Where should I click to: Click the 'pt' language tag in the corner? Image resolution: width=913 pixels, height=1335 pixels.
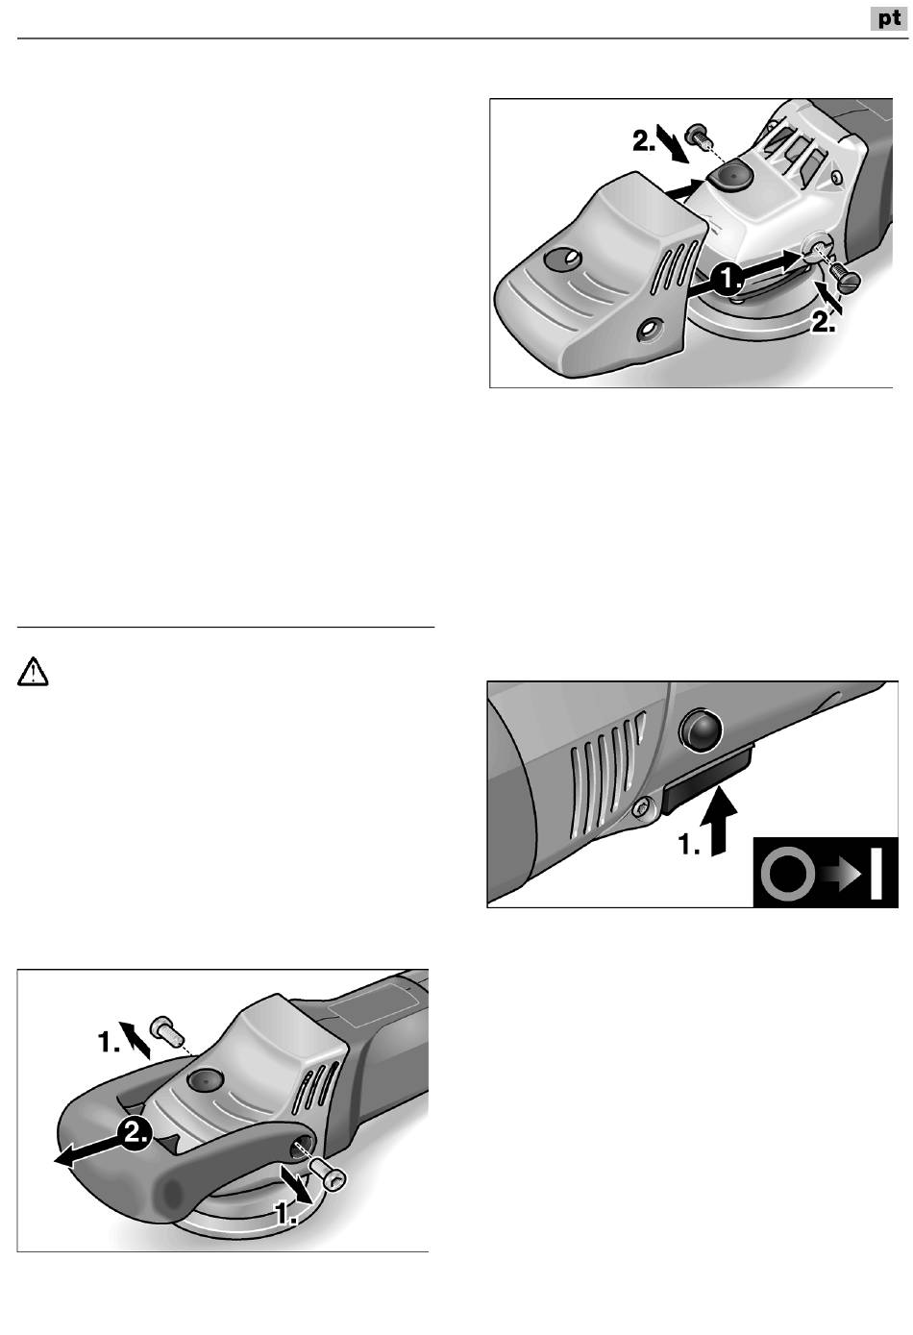[889, 19]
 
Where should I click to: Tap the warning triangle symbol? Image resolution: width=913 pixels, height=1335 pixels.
[33, 672]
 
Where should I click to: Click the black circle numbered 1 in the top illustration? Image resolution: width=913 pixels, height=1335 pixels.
[728, 279]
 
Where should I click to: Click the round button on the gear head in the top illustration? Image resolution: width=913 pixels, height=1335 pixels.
[728, 177]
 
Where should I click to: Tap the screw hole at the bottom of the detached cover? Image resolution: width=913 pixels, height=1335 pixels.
[648, 329]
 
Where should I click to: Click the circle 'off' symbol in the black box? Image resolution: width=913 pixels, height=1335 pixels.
[788, 873]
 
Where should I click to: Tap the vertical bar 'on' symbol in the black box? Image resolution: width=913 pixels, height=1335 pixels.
[876, 873]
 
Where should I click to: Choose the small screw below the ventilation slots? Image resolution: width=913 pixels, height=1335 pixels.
[641, 808]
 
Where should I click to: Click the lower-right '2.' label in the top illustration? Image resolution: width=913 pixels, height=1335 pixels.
[824, 322]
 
